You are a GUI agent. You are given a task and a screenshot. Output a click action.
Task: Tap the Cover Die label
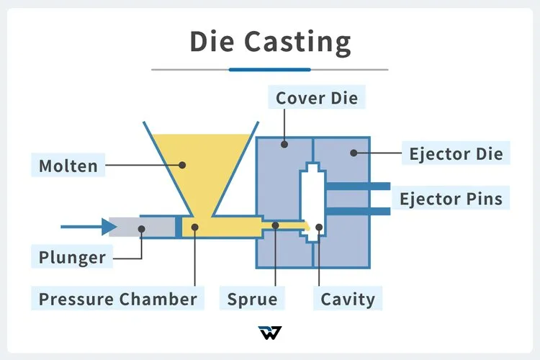pyautogui.click(x=317, y=97)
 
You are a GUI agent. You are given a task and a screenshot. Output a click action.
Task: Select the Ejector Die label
pyautogui.click(x=456, y=153)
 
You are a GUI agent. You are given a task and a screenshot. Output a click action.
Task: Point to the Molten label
pyautogui.click(x=68, y=166)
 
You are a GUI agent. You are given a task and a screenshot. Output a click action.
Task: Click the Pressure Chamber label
pyautogui.click(x=118, y=298)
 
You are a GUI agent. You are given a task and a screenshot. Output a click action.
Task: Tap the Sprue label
pyautogui.click(x=252, y=298)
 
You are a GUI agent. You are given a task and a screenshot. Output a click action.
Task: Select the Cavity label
pyautogui.click(x=348, y=298)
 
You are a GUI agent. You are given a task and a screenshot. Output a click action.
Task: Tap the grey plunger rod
pyautogui.click(x=144, y=227)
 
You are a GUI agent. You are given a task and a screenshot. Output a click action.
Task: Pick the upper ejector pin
pyautogui.click(x=358, y=186)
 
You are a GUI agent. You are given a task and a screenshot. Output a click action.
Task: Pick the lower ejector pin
pyautogui.click(x=358, y=211)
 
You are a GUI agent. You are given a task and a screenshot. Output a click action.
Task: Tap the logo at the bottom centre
pyautogui.click(x=269, y=333)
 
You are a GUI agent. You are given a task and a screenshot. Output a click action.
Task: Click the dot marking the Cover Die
pyautogui.click(x=285, y=144)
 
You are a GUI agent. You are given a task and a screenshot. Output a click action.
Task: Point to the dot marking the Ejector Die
pyautogui.click(x=354, y=153)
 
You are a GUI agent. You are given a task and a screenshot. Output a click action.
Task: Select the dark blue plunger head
pyautogui.click(x=179, y=227)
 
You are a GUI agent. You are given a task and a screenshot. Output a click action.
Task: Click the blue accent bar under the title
pyautogui.click(x=269, y=69)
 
